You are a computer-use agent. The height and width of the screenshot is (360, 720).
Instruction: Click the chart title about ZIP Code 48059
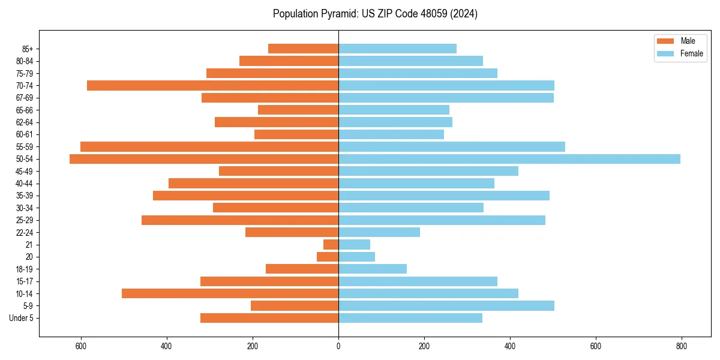[375, 14]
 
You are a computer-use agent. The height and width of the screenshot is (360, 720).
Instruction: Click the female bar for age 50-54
[509, 159]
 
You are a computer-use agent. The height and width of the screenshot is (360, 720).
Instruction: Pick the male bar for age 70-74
[212, 85]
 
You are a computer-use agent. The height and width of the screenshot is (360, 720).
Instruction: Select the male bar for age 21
[331, 244]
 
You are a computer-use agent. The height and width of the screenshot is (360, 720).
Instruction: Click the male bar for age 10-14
[230, 293]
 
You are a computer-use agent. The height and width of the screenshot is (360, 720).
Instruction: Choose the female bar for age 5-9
[446, 305]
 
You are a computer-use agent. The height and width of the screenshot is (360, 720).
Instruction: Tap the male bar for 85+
[303, 49]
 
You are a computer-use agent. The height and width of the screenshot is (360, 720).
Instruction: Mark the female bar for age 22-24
[379, 232]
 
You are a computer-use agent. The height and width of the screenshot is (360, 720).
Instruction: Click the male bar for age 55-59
[209, 146]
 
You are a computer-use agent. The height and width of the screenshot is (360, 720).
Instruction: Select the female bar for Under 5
[410, 318]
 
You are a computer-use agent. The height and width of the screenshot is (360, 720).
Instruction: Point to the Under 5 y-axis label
[22, 318]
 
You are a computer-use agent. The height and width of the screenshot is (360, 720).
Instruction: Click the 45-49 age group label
[25, 171]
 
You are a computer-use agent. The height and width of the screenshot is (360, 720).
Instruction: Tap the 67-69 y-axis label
[25, 98]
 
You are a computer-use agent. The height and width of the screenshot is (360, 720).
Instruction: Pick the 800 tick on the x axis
[682, 346]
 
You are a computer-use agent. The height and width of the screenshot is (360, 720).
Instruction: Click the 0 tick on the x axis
[338, 346]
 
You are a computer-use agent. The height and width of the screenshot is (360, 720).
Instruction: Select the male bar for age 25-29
[240, 220]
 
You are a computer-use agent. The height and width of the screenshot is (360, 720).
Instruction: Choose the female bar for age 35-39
[444, 196]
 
